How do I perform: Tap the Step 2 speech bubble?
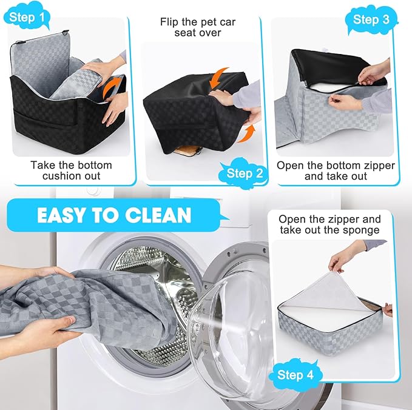click(x=243, y=173)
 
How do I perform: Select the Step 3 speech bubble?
click(x=371, y=19)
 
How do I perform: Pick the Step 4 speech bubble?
click(x=295, y=375)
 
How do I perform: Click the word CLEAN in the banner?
click(x=158, y=215)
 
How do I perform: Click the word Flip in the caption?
click(x=169, y=22)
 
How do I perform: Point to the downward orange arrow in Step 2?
click(x=218, y=78)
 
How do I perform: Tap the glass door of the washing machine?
click(x=231, y=328)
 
